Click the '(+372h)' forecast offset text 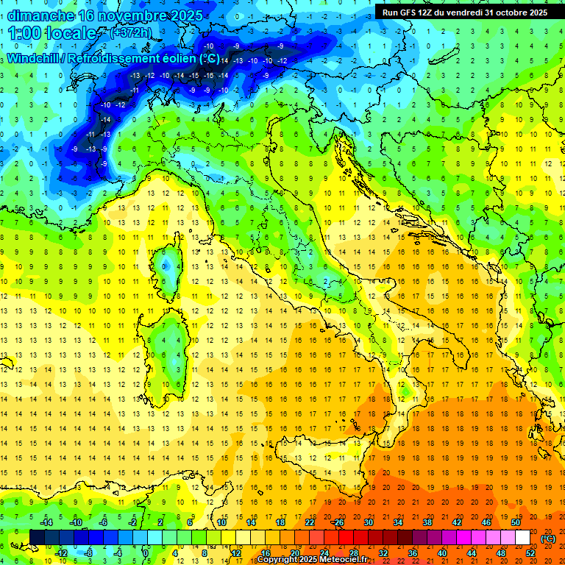pyautogui.click(x=132, y=33)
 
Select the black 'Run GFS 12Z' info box pyautogui.click(x=464, y=12)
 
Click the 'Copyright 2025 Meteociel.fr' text pyautogui.click(x=312, y=560)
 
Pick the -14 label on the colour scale pyautogui.click(x=49, y=522)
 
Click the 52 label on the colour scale pyautogui.click(x=530, y=552)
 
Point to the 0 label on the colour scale pyautogui.click(x=146, y=552)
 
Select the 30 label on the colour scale pyautogui.click(x=368, y=522)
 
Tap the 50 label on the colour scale pyautogui.click(x=515, y=522)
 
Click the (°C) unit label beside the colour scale pyautogui.click(x=548, y=538)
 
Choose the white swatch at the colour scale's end pyautogui.click(x=522, y=537)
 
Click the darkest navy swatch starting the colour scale pyautogui.click(x=37, y=537)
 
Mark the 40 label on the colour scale pyautogui.click(x=441, y=552)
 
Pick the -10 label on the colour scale pyautogui.click(x=75, y=522)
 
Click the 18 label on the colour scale pyautogui.click(x=280, y=522)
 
